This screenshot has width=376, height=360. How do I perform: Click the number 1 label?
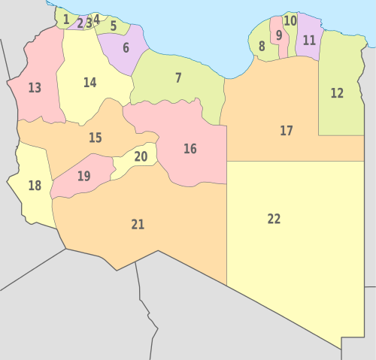point(66,19)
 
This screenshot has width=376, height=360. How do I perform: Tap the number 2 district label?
point(80,23)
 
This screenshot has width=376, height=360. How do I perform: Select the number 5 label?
point(114,26)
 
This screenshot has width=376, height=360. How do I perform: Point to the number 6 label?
point(126,47)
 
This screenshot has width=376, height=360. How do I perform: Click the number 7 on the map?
point(178,77)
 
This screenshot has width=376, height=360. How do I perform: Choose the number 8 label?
point(262,47)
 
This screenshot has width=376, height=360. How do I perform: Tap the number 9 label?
point(279,35)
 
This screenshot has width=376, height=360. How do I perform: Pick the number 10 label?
point(290,21)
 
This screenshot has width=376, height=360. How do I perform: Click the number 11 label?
point(309,41)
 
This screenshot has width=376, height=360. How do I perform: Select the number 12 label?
point(337,93)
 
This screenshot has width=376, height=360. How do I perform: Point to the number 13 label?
point(35,88)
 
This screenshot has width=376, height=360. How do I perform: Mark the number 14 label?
point(90,83)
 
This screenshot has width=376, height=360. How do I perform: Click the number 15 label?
point(96,138)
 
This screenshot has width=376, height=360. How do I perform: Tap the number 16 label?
point(190,149)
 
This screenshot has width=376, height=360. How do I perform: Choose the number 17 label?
point(287,131)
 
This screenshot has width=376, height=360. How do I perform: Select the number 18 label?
point(35,186)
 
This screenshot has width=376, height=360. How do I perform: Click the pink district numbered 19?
point(83,177)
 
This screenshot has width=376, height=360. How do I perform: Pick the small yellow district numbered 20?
point(141,157)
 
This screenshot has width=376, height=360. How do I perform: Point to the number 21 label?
point(138,224)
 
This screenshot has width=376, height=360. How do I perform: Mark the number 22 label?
point(274,219)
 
